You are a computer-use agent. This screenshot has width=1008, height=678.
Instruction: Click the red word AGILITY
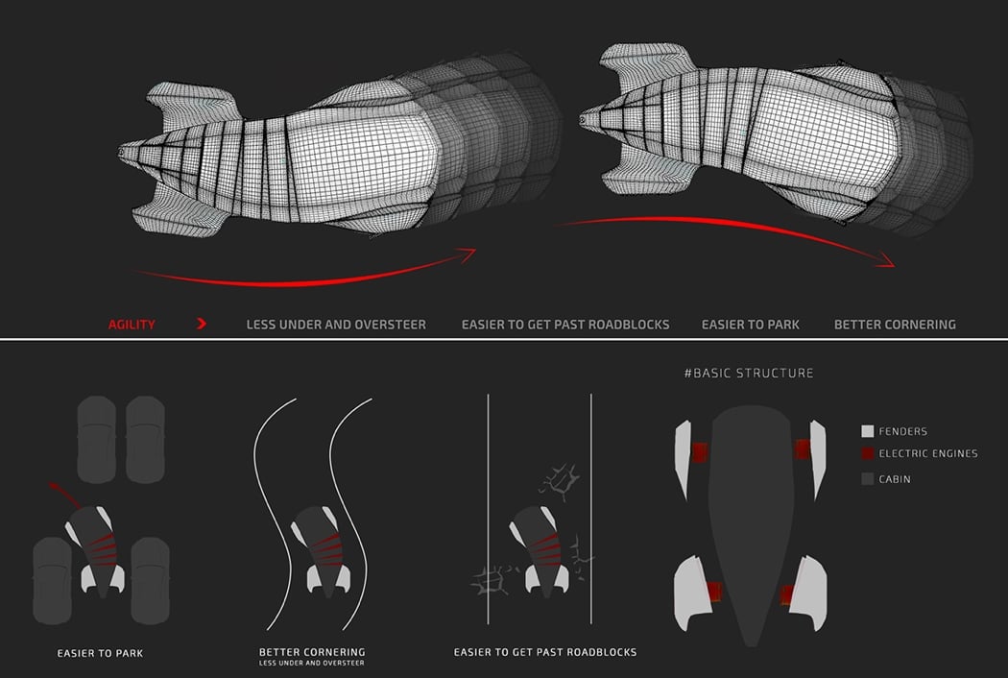pyautogui.click(x=132, y=325)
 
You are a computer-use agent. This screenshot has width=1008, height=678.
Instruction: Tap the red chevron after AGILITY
pyautogui.click(x=202, y=325)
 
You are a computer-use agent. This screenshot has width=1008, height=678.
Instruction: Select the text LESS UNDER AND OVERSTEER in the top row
pyautogui.click(x=336, y=325)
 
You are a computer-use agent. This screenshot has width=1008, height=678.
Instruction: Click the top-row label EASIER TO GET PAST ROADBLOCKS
pyautogui.click(x=565, y=325)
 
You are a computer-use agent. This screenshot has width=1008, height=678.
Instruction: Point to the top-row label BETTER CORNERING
pyautogui.click(x=895, y=325)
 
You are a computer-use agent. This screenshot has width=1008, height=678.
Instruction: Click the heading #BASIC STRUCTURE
pyautogui.click(x=749, y=373)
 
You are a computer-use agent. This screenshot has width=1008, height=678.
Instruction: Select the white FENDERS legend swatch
pyautogui.click(x=868, y=432)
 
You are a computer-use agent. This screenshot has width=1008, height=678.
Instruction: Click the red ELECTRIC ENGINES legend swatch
pyautogui.click(x=868, y=453)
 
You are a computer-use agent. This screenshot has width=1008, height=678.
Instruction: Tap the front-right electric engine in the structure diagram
pyautogui.click(x=802, y=448)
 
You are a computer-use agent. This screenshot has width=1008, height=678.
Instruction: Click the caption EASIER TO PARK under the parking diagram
pyautogui.click(x=101, y=654)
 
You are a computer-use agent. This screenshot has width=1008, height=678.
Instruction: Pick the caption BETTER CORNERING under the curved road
pyautogui.click(x=312, y=652)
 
